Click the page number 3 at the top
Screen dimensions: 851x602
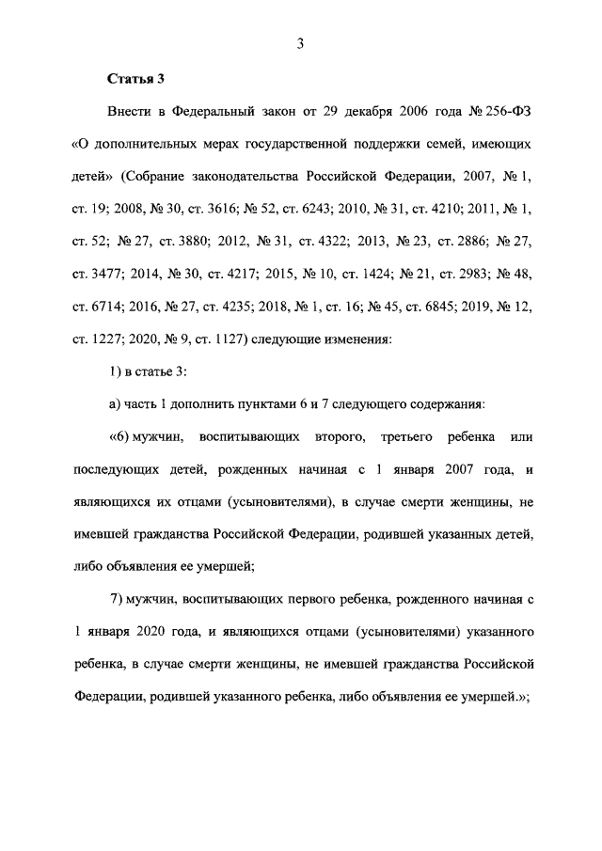300,41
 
